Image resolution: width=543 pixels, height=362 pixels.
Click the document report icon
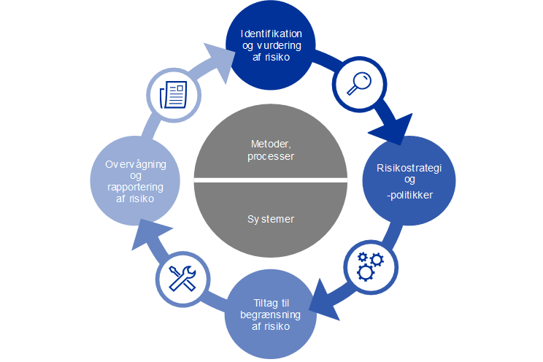(x=174, y=93)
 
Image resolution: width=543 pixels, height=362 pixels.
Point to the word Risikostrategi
(x=409, y=168)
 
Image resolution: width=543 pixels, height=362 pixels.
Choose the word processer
(x=271, y=156)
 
